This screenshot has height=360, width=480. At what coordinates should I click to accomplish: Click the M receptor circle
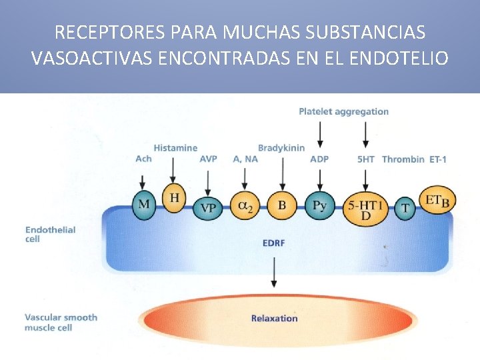143,203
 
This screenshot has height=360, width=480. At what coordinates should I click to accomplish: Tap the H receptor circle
174,198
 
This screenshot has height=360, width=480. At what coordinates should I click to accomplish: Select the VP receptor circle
208,207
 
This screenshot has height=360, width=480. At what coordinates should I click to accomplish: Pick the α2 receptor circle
245,205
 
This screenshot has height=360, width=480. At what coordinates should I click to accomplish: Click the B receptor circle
282,205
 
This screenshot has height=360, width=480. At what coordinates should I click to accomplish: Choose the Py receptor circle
320,205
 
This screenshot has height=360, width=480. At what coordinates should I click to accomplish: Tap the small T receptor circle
405,208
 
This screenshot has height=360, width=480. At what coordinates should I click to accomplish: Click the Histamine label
175,147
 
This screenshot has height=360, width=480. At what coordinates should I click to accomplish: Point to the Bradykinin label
281,147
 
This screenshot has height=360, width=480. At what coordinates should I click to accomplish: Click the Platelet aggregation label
343,111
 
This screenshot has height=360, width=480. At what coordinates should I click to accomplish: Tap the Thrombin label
403,159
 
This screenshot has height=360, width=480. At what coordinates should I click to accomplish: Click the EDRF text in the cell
273,243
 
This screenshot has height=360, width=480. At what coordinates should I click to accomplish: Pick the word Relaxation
274,318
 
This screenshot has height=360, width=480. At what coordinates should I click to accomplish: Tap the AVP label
208,159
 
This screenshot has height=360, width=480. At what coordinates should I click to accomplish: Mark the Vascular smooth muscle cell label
61,322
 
